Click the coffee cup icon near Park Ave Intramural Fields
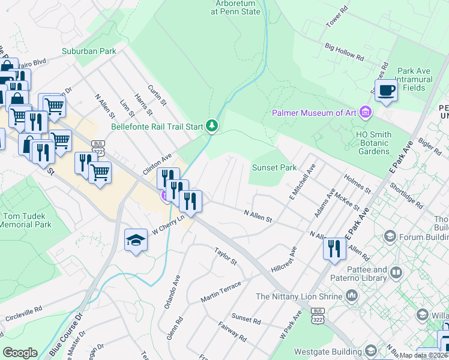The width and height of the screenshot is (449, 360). (386, 91)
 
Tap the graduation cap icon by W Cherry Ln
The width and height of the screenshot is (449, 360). (136, 240)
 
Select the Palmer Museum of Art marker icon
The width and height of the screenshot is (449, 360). (365, 112)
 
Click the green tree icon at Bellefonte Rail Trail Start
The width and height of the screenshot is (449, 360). (211, 126)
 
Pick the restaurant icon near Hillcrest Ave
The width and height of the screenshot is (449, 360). (334, 249)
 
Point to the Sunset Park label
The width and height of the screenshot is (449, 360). (274, 167)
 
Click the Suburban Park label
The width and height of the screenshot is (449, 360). (89, 52)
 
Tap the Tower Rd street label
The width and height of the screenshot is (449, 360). (336, 20)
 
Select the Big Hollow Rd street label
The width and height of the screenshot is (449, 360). (345, 52)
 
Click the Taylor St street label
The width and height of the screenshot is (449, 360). (226, 255)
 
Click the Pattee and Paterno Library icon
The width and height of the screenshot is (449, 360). (396, 274)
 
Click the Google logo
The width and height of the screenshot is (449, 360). (20, 353)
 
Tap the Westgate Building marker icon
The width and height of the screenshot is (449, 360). (371, 350)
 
